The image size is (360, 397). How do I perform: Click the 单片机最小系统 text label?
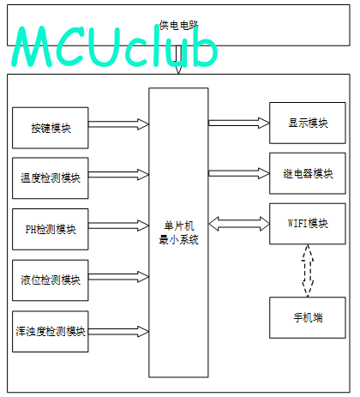coord(178,233)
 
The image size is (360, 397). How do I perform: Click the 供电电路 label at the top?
coord(178,25)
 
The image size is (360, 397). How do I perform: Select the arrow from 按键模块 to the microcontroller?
coord(118,124)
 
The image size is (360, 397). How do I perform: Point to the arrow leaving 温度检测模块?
coord(118,175)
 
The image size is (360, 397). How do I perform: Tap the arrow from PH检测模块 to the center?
coord(118,226)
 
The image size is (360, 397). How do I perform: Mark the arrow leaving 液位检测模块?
coord(118,277)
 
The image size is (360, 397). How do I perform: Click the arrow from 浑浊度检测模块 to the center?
coord(118,332)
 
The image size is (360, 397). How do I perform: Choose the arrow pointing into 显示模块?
coord(239,123)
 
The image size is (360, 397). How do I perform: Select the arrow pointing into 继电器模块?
coord(239,173)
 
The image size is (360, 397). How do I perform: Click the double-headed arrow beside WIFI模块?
coord(239,224)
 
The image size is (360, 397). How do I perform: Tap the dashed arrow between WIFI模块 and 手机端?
coord(308,271)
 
